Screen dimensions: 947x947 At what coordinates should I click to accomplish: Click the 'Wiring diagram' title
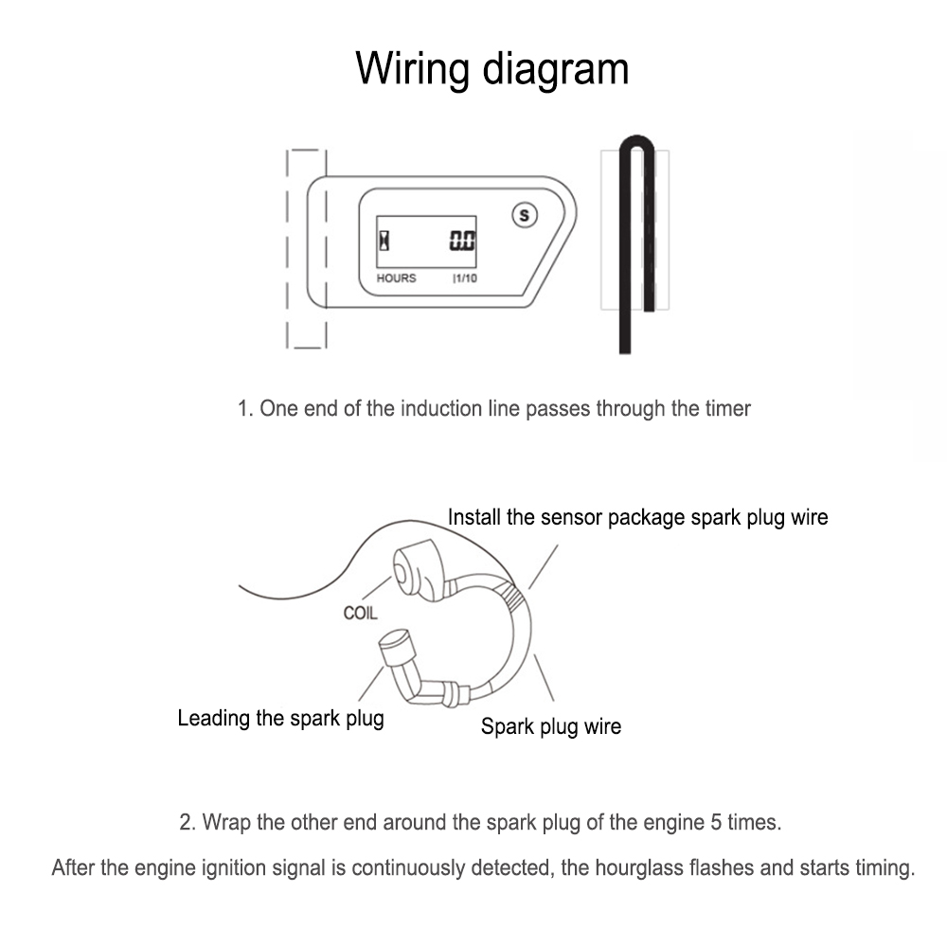[x=491, y=69]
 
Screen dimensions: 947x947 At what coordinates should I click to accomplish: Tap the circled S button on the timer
[x=525, y=215]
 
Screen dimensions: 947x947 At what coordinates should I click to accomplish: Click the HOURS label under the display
[x=396, y=277]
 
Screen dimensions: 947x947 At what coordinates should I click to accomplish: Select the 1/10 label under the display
[x=465, y=277]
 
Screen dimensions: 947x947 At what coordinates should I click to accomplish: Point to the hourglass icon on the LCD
[x=384, y=241]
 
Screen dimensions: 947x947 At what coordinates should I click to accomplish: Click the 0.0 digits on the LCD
[x=462, y=241]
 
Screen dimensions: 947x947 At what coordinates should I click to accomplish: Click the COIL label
[x=360, y=613]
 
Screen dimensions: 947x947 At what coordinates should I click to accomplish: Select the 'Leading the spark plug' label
[x=281, y=718]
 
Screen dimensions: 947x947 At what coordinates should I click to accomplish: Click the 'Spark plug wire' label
[x=551, y=726]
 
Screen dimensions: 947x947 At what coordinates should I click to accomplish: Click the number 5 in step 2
[x=716, y=823]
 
